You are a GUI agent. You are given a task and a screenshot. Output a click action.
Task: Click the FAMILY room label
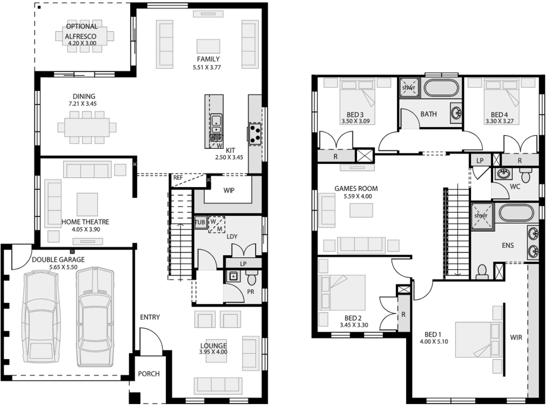(x=208, y=59)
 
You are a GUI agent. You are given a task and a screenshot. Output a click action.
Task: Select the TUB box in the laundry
(x=200, y=222)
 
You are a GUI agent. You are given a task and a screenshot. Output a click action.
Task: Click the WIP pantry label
(x=229, y=190)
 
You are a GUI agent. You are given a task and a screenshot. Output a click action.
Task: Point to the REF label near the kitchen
(x=178, y=177)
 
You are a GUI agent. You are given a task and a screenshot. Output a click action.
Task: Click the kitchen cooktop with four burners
(x=255, y=133)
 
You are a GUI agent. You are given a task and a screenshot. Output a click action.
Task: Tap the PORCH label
(x=149, y=373)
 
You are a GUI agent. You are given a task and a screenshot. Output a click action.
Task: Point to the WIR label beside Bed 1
(x=516, y=337)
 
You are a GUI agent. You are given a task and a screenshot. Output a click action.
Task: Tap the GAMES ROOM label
(x=356, y=189)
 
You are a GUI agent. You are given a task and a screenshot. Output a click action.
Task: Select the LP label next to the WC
(x=480, y=161)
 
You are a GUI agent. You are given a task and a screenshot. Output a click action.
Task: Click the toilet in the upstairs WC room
(x=526, y=175)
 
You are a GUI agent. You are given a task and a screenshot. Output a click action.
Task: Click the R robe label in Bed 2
(x=403, y=314)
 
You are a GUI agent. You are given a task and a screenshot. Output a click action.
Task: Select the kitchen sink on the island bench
(x=216, y=122)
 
